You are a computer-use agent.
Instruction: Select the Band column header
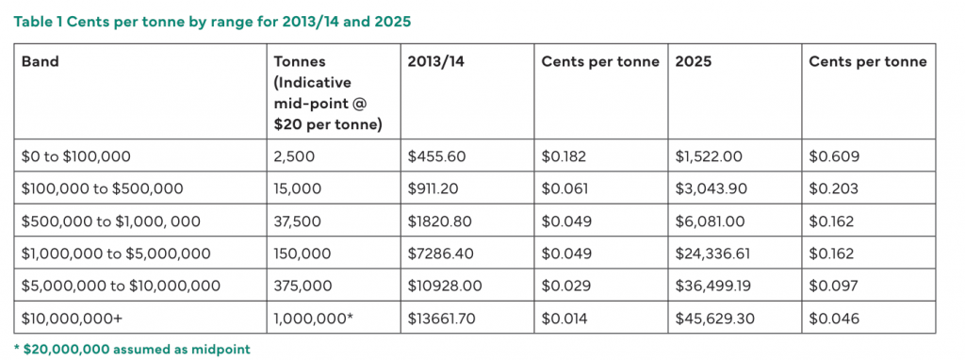(40, 61)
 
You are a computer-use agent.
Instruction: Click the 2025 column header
(694, 61)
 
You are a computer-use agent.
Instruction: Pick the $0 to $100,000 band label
(75, 156)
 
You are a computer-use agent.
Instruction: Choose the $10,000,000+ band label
(67, 319)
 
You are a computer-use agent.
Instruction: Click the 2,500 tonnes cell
(294, 156)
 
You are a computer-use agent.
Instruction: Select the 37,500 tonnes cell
(297, 221)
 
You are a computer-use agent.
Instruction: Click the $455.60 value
(435, 156)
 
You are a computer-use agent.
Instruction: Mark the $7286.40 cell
(441, 254)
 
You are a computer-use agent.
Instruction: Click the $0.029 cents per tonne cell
(563, 286)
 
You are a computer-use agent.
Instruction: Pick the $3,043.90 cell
(711, 188)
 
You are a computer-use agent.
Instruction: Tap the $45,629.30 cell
(714, 319)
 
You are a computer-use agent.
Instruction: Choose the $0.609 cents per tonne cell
(834, 156)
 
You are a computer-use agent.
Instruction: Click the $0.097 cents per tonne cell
(833, 286)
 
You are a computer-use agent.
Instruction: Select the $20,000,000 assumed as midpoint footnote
(132, 350)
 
